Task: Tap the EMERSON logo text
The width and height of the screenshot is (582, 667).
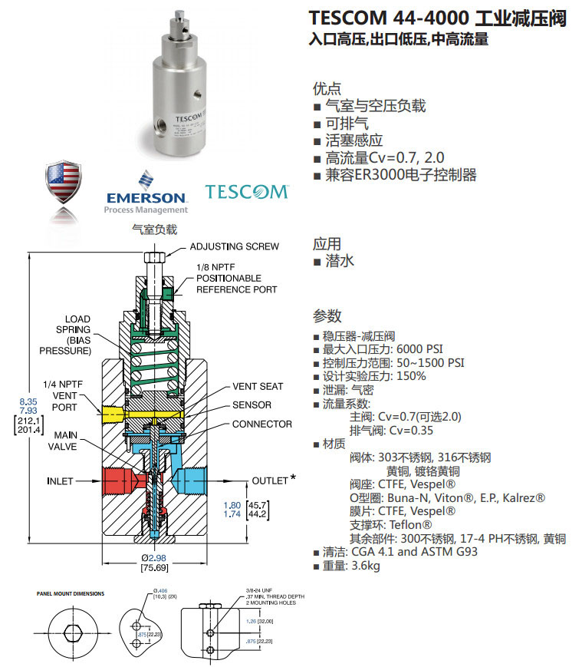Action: tap(146, 197)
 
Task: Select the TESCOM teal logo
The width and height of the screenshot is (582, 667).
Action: tap(246, 191)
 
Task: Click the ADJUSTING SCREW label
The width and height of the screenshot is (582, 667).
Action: tap(234, 246)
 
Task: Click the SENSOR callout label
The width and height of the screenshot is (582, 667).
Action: tap(252, 404)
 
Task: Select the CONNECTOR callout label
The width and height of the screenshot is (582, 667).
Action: tap(261, 424)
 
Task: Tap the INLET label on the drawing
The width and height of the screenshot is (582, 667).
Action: tap(60, 481)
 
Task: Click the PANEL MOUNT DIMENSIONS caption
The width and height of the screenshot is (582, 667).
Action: tap(71, 593)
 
